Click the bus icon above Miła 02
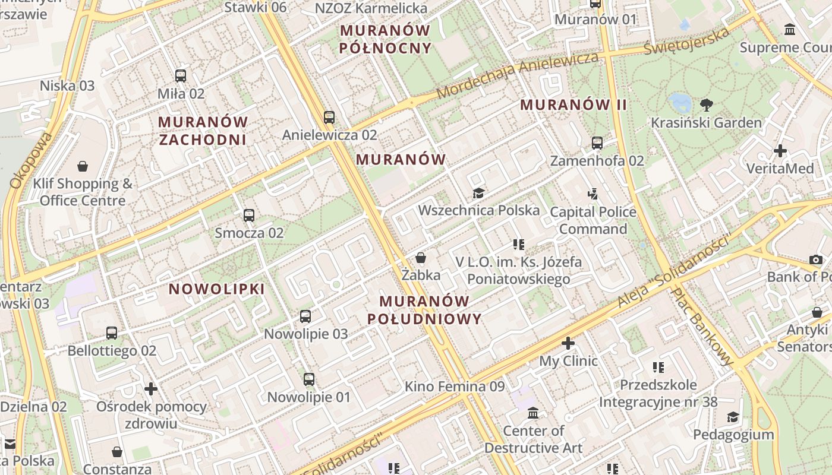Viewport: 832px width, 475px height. (181, 76)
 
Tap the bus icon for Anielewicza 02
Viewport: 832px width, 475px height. (329, 118)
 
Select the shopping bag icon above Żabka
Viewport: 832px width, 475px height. (421, 258)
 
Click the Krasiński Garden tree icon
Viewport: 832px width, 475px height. (706, 106)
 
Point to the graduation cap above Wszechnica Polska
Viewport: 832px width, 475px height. (478, 193)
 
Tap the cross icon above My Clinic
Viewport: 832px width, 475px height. (568, 343)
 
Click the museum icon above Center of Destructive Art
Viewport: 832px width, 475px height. (533, 413)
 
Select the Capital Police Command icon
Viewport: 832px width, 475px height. (593, 194)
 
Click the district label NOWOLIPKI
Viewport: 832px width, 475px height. (217, 289)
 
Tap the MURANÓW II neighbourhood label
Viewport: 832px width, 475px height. (573, 105)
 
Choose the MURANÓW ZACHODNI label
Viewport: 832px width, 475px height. (202, 131)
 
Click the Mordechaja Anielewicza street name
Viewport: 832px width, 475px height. (517, 75)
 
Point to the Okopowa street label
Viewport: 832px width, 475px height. (31, 160)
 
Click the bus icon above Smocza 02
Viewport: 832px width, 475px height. (249, 216)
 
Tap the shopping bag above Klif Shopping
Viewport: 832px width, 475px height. (83, 166)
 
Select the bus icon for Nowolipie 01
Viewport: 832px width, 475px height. (308, 379)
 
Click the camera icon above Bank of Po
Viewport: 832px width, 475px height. (816, 259)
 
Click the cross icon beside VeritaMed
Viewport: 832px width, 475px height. (780, 151)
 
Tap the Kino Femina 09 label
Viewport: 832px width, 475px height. (455, 387)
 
